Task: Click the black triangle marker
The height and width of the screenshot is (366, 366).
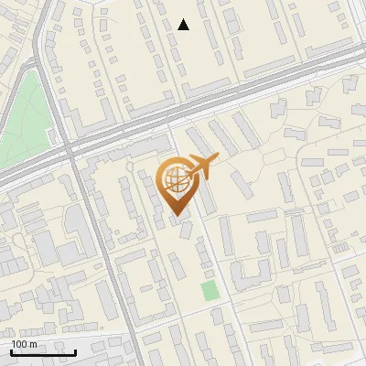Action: pyautogui.click(x=184, y=25)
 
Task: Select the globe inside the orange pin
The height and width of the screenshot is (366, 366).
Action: pyautogui.click(x=174, y=180)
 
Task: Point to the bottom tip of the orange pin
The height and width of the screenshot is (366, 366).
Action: pyautogui.click(x=176, y=218)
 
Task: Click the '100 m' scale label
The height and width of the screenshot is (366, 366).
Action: pyautogui.click(x=24, y=344)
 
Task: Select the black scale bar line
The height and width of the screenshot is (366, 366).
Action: pyautogui.click(x=44, y=352)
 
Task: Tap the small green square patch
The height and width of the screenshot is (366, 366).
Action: pyautogui.click(x=210, y=291)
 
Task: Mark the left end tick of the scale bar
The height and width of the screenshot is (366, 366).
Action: pyautogui.click(x=11, y=350)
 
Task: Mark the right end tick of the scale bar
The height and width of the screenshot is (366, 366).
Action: pyautogui.click(x=76, y=350)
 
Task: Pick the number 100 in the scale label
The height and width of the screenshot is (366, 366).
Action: pyautogui.click(x=19, y=344)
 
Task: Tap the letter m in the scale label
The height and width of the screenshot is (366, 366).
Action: pyautogui.click(x=33, y=344)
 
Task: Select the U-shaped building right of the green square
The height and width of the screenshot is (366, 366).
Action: pyautogui.click(x=245, y=274)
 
